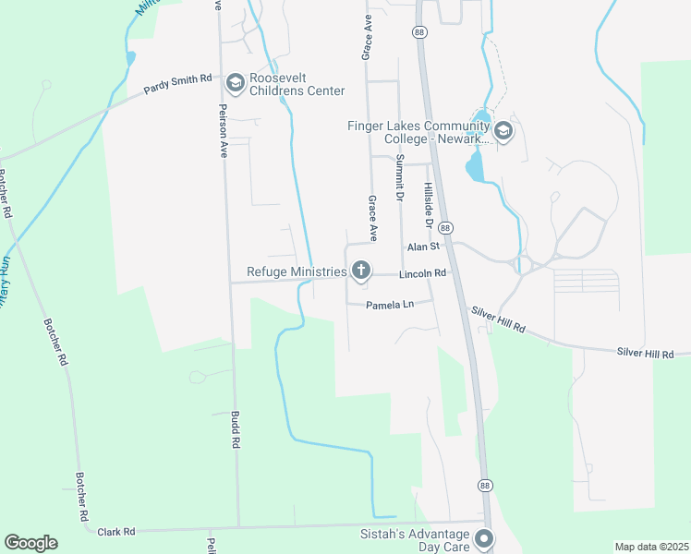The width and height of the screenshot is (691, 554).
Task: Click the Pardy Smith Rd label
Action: click(178, 83)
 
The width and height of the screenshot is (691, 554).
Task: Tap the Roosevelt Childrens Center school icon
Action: click(235, 84)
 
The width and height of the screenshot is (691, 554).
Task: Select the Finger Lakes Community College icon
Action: click(503, 131)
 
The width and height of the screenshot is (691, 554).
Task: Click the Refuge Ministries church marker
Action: click(360, 271)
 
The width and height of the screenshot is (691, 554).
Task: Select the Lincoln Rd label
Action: click(422, 274)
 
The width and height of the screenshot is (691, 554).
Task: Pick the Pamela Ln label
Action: click(389, 305)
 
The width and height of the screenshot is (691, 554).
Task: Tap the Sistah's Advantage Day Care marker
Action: click(483, 537)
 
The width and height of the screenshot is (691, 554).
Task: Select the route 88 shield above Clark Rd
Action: click(484, 485)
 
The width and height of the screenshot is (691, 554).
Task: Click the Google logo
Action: click(30, 543)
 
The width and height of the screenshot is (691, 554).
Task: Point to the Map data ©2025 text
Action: click(650, 547)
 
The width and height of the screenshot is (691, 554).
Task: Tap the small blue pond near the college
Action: click(475, 167)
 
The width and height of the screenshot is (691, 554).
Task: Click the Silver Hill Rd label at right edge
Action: click(646, 353)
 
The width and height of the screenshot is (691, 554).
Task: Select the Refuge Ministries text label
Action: click(296, 271)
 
